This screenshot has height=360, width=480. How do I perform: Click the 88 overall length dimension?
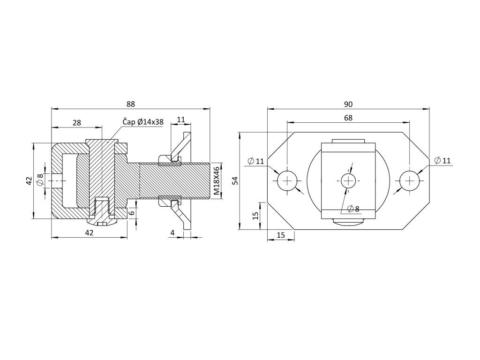(131, 104)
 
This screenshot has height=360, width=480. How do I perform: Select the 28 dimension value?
(77, 122)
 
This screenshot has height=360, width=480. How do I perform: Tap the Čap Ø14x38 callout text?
(143, 122)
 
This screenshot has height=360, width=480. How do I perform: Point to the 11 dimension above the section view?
(181, 120)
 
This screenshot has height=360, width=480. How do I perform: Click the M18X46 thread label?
(216, 180)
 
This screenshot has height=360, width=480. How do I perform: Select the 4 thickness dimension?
(172, 232)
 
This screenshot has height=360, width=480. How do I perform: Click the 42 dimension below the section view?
(89, 232)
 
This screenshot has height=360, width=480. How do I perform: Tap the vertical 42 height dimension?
(29, 180)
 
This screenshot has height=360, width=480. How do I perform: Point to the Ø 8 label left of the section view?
(40, 180)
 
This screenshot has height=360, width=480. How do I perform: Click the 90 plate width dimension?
(348, 104)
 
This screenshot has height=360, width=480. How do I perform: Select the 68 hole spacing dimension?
(348, 118)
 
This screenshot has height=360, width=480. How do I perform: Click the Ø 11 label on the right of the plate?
(442, 160)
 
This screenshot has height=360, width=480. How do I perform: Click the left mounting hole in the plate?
(287, 180)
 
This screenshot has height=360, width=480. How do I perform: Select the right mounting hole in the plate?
(410, 180)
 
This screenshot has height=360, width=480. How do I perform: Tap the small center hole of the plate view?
(348, 180)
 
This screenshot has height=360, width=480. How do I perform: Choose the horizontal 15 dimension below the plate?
(281, 235)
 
